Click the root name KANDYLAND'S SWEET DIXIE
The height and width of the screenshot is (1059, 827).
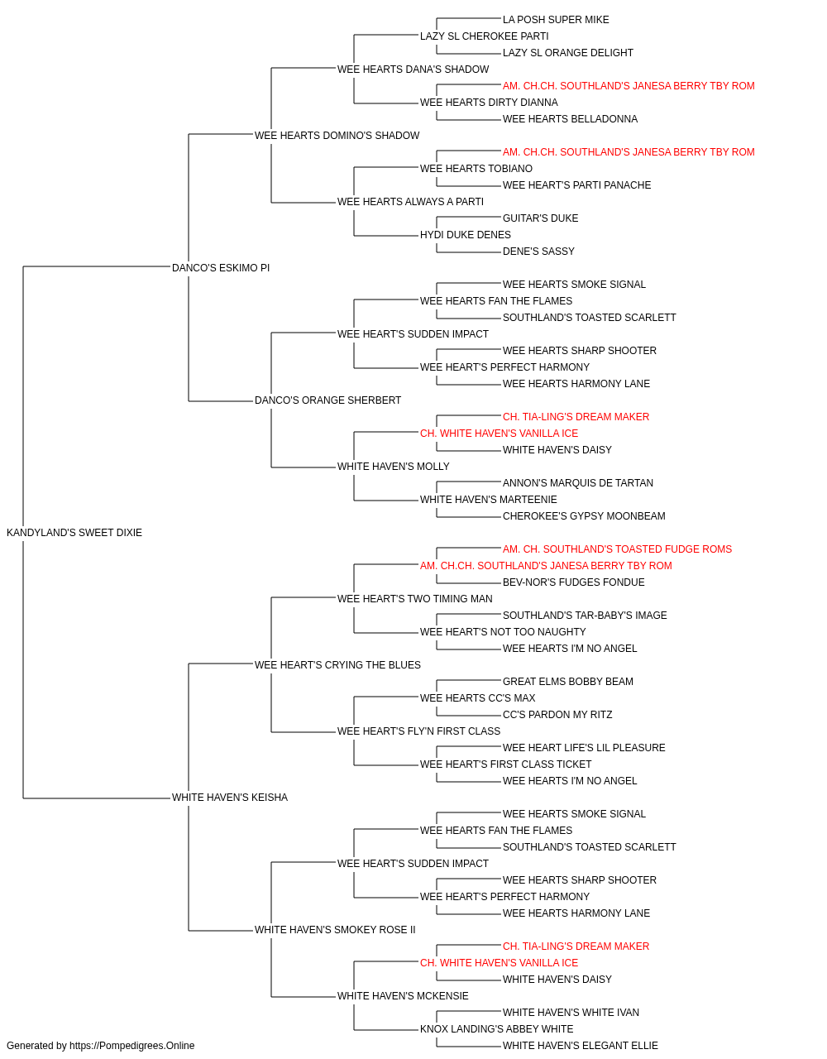[74, 533]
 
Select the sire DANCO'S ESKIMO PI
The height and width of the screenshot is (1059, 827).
[221, 268]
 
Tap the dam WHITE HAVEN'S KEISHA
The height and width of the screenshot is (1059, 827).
[230, 798]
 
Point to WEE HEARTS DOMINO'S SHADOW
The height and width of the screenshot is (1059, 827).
[337, 136]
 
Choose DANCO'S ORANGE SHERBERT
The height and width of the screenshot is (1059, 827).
[327, 400]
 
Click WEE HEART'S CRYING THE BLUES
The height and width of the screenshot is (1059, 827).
[337, 665]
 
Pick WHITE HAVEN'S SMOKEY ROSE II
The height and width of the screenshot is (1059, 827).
[335, 930]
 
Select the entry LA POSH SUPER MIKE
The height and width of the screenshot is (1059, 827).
[556, 20]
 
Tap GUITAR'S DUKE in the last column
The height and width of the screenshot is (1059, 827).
[541, 218]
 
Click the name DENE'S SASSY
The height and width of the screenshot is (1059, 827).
[538, 252]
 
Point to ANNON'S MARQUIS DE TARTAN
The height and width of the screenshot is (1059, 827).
[578, 483]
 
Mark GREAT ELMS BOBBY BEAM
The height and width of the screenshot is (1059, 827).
[568, 682]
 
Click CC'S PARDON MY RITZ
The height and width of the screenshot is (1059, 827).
[557, 715]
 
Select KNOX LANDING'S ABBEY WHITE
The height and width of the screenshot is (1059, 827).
[497, 1029]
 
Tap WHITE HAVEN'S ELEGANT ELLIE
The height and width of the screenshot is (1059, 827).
[581, 1046]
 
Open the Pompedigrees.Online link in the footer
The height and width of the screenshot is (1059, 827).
[132, 1046]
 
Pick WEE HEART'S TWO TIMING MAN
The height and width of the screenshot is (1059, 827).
[415, 599]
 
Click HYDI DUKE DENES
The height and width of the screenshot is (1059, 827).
[466, 235]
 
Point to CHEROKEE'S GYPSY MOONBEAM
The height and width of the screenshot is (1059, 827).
[584, 516]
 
